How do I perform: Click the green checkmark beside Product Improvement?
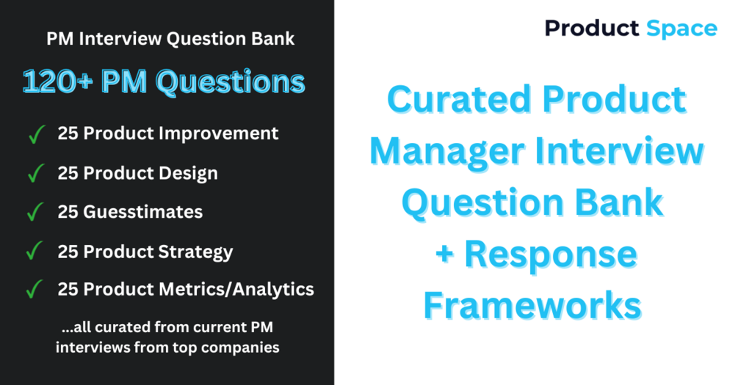pos(36,134)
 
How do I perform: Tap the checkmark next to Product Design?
pos(36,173)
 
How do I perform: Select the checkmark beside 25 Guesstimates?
pos(35,211)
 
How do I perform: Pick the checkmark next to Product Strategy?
pos(35,251)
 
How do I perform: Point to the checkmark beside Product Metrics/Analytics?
pos(35,289)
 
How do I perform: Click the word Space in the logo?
pos(681,29)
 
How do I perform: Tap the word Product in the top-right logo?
pos(592,28)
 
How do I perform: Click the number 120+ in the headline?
pos(58,82)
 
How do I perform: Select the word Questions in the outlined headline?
pos(230,83)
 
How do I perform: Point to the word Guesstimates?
pos(143,212)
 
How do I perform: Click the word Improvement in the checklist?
pos(218,134)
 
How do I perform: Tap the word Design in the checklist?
pos(188,174)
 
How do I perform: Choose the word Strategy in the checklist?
pos(196,252)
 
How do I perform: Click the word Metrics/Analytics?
pos(236,290)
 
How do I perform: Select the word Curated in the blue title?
pos(460,99)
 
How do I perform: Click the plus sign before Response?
pos(445,254)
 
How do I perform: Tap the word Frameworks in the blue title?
pos(532,306)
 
